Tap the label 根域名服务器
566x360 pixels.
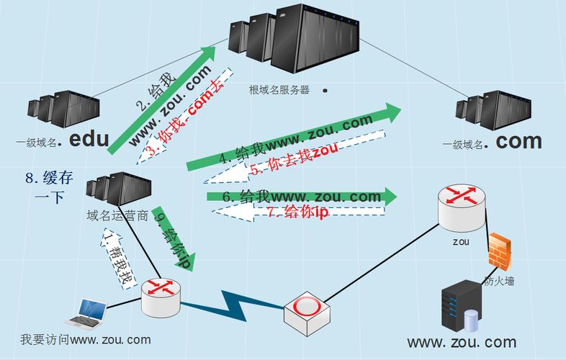tap(279, 90)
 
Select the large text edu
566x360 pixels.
tap(89, 139)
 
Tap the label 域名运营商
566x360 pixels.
tap(117, 215)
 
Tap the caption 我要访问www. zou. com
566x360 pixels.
tap(85, 339)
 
